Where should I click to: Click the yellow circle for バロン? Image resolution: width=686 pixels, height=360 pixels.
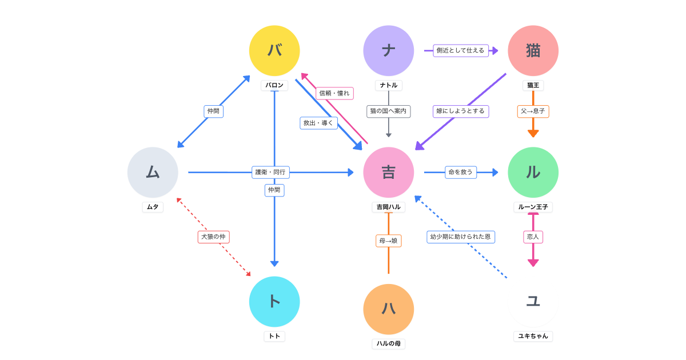click(274, 51)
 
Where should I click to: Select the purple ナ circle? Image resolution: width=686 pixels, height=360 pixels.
click(389, 51)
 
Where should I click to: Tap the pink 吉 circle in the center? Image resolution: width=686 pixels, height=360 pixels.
click(389, 172)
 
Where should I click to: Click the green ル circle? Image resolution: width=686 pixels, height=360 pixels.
click(533, 172)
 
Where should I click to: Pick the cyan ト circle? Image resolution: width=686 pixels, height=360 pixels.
click(274, 302)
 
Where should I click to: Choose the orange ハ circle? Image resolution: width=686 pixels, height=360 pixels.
click(389, 309)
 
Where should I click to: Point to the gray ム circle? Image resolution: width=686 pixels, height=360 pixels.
click(153, 172)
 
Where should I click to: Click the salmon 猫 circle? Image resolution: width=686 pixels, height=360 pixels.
click(533, 51)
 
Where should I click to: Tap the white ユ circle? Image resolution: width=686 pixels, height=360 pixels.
click(533, 302)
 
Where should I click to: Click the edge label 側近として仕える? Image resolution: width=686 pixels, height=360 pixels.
click(460, 51)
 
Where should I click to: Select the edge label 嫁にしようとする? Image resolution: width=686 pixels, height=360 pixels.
click(460, 111)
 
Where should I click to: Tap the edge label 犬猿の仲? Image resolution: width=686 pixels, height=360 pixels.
click(213, 237)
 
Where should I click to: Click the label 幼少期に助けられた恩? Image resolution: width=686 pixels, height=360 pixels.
click(460, 237)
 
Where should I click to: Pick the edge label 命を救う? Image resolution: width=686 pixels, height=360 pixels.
click(460, 172)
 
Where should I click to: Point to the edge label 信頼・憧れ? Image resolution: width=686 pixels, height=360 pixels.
click(334, 93)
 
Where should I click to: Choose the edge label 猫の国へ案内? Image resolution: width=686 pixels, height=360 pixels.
click(388, 111)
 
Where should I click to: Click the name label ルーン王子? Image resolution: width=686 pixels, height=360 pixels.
click(533, 207)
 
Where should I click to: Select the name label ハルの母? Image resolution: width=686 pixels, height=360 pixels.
click(389, 343)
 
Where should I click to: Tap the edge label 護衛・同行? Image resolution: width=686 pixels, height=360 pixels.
click(270, 172)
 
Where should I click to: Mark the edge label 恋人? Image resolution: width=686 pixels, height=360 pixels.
click(533, 237)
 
